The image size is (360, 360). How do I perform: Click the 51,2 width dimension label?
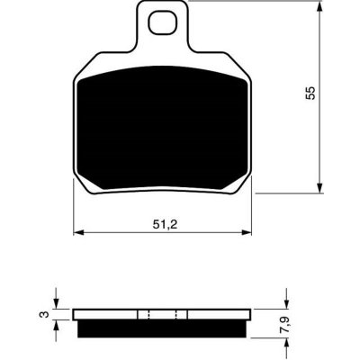(x=165, y=224)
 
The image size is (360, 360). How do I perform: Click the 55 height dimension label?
(x=310, y=93)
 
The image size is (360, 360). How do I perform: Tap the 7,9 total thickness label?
(x=286, y=323)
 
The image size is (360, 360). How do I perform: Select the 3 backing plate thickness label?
(x=45, y=314)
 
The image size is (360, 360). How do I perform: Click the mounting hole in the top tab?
(x=161, y=22)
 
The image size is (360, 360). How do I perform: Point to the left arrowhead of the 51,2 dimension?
(x=78, y=232)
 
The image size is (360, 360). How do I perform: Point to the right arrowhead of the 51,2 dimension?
(x=247, y=232)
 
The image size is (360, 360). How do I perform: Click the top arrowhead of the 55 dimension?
(x=320, y=6)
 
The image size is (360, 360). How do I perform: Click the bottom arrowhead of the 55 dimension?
(x=320, y=188)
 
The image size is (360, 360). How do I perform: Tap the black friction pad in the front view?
(x=162, y=128)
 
